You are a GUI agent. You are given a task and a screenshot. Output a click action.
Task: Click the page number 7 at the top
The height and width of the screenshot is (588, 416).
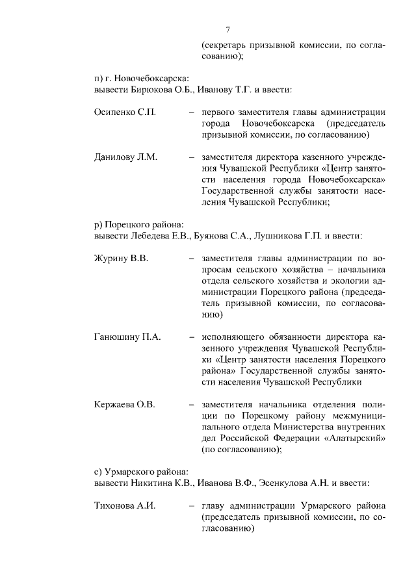click(x=227, y=30)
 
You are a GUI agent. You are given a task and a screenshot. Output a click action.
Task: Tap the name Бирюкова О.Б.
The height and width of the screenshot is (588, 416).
click(x=159, y=89)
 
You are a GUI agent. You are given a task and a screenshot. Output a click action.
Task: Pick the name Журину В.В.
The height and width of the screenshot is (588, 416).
click(x=122, y=259)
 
